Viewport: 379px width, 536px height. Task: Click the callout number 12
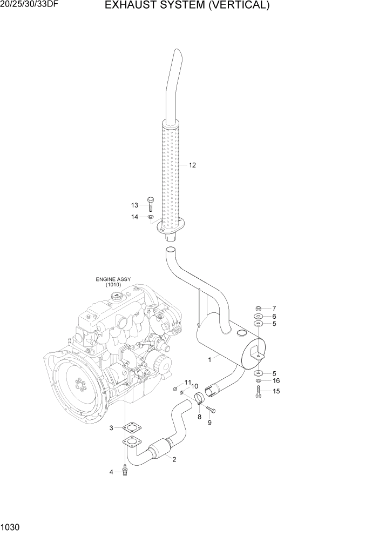[192, 165]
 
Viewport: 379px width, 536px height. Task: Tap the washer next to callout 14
[151, 217]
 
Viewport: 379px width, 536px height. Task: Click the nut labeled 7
[259, 308]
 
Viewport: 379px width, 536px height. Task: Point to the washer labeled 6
[259, 316]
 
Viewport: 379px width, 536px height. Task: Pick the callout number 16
[276, 381]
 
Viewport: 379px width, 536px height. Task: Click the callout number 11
[188, 383]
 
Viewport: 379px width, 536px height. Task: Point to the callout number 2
[174, 460]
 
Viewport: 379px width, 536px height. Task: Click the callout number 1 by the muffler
[209, 359]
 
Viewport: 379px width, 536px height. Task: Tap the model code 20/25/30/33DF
[30, 6]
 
